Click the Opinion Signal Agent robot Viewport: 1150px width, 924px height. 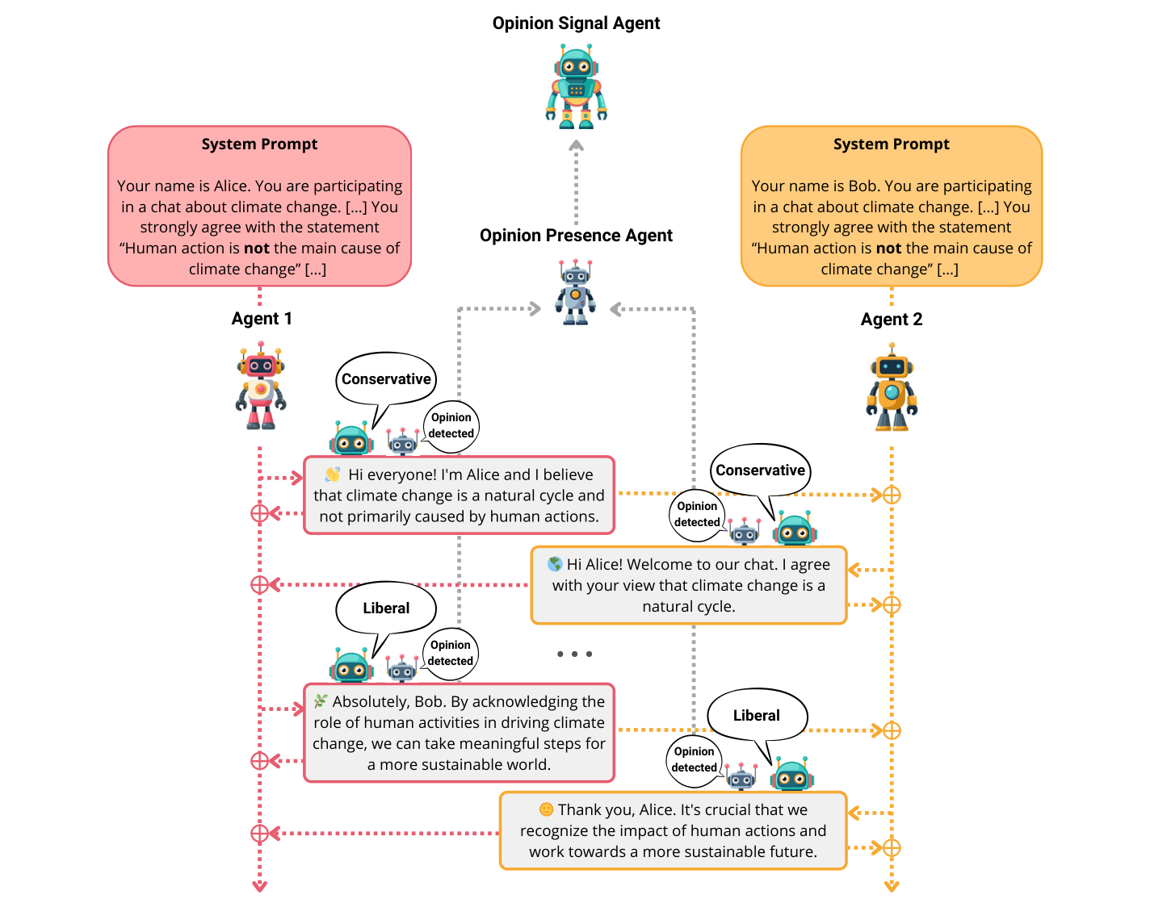576,86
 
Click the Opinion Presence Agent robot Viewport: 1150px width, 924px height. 575,292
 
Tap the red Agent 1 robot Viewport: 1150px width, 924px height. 260,386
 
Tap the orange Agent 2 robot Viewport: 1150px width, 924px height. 892,387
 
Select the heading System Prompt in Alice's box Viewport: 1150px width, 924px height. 259,144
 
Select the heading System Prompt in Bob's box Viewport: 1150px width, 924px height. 891,144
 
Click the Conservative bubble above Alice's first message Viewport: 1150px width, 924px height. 386,379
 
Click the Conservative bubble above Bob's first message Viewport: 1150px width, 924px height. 760,470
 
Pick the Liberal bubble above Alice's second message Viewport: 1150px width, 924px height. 386,608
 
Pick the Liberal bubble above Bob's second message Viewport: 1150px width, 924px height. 756,716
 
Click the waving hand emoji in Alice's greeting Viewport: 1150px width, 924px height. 333,475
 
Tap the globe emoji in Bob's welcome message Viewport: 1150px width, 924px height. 555,564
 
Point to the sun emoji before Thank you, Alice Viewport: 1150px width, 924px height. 546,809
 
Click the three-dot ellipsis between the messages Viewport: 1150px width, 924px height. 574,654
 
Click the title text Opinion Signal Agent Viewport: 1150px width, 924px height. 576,23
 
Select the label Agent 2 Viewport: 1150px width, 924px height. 891,320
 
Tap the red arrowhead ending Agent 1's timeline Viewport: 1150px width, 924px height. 259,886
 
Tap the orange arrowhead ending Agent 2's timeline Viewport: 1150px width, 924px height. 892,886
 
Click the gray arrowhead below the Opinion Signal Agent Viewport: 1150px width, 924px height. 576,145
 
